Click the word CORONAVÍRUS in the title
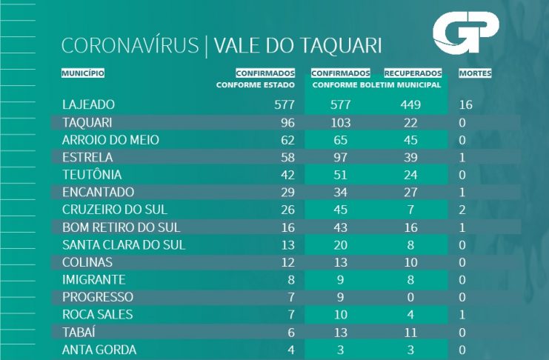coord(130,45)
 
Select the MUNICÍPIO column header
coord(83,73)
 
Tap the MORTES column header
coord(475,73)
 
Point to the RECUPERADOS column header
coord(413,73)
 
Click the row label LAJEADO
coord(90,104)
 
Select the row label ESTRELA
coord(88,157)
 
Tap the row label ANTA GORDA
coord(100,350)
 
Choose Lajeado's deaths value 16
coord(466,104)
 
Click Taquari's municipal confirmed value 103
coord(342,122)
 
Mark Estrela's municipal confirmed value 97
coord(342,157)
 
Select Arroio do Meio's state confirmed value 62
coord(285,140)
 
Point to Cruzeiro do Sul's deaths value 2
coord(463,210)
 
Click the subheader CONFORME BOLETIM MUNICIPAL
coord(376,85)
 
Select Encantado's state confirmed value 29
coord(285,193)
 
